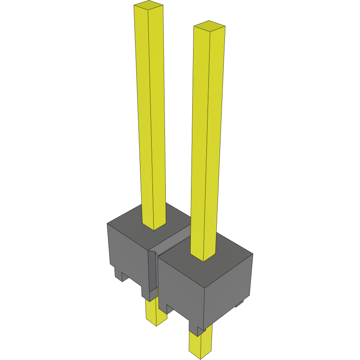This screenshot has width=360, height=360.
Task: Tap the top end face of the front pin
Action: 209,26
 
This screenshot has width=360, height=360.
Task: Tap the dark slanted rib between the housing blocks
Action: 152,274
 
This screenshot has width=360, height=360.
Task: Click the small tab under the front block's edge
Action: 240,303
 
